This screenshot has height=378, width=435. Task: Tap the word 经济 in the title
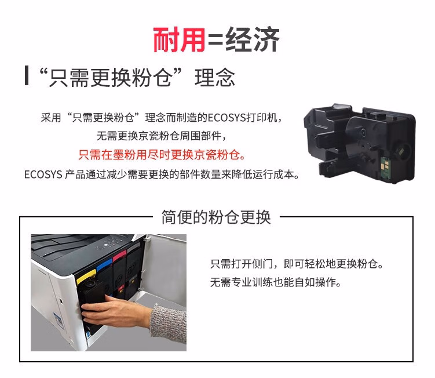[x=254, y=39]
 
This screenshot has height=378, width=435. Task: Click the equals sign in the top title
[x=215, y=41]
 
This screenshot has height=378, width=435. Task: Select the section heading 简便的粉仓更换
[x=216, y=217]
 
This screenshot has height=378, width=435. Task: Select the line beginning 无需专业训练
[x=275, y=283]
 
